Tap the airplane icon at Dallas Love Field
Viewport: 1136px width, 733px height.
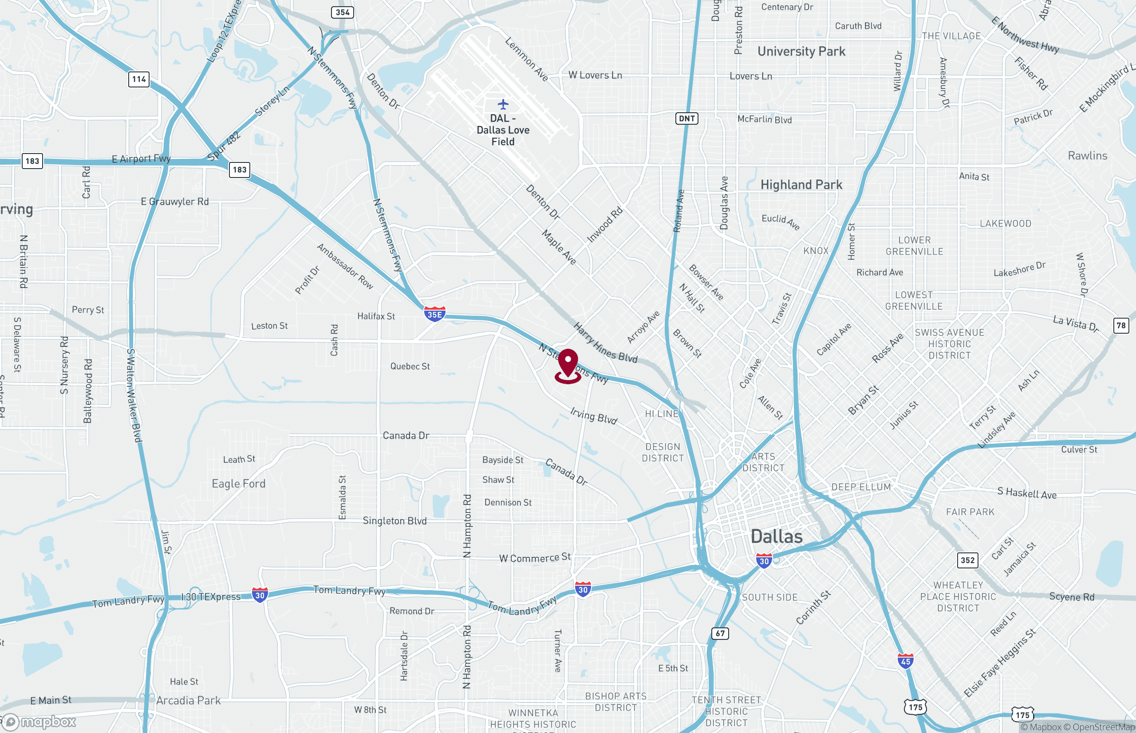503,104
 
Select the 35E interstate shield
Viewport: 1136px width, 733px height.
434,314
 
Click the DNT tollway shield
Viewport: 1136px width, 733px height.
686,118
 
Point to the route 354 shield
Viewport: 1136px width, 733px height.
342,12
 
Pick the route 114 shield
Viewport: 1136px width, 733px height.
139,79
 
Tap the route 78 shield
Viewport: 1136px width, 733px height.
1121,326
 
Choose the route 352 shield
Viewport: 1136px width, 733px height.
967,560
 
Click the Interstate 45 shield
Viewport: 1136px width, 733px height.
905,661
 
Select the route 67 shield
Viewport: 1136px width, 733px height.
720,633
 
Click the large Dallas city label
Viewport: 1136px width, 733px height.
776,537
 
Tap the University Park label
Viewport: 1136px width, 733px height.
801,51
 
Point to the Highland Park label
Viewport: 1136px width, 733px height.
801,185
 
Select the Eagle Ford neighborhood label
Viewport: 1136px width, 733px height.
238,484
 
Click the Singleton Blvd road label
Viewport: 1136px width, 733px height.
394,521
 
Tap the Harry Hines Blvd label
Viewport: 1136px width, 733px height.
605,343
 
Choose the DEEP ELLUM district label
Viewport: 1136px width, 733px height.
861,487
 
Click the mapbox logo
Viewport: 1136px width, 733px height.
39,722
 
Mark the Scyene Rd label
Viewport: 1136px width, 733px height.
1072,597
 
